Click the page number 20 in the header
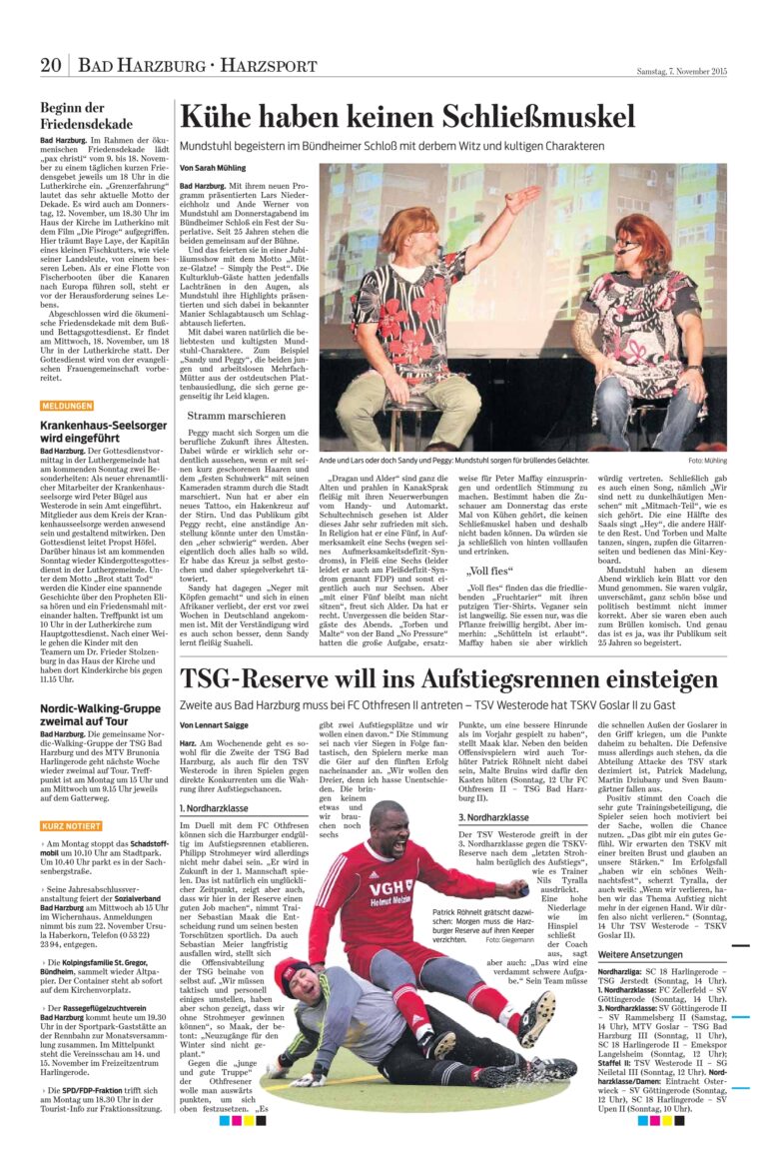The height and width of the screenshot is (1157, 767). [51, 67]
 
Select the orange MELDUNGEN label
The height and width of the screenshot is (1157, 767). [68, 406]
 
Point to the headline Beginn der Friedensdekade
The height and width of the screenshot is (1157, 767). [73, 116]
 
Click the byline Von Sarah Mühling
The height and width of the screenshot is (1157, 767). [212, 169]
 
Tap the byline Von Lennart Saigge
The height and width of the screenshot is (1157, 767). [215, 724]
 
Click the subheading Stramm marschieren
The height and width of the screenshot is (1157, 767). [237, 416]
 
